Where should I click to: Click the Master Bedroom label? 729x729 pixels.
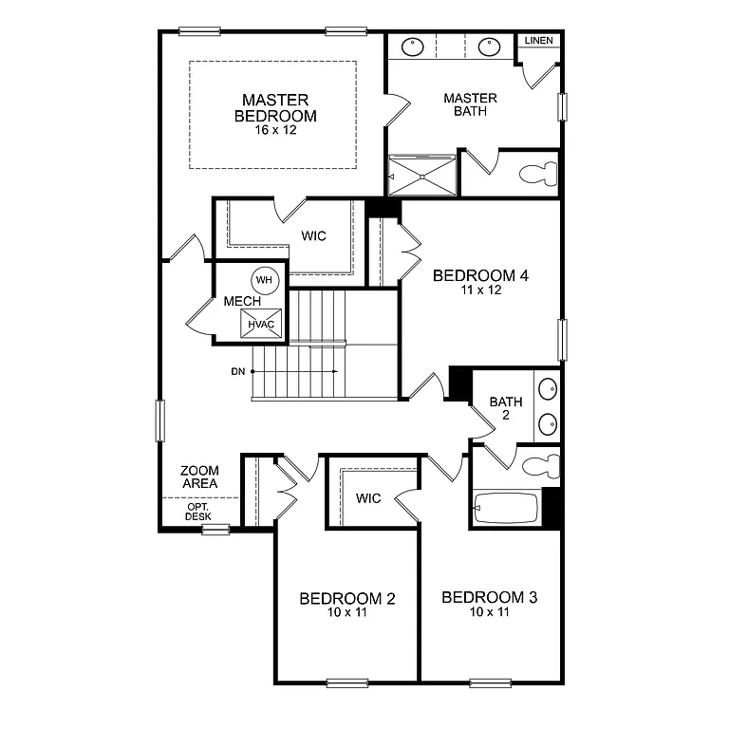point(275,107)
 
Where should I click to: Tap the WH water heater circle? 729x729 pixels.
point(264,280)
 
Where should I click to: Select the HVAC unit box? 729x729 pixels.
point(261,323)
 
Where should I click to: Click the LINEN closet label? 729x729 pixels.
point(538,41)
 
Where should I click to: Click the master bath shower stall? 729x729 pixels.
point(422,175)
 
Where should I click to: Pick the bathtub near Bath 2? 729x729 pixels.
point(506,508)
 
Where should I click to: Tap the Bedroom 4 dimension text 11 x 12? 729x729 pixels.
point(479,290)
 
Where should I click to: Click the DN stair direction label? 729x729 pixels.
point(237,371)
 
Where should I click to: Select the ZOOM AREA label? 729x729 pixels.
point(199,477)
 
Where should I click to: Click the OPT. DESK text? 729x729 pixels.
point(197,512)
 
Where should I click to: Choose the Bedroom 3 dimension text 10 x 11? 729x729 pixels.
point(490,613)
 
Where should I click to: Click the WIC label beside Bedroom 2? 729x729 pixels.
point(368,498)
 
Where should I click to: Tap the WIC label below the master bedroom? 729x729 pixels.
point(313,235)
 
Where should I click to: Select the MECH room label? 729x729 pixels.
point(235,302)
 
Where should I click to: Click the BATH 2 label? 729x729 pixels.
point(506,408)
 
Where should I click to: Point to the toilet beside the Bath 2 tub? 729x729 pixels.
point(542,464)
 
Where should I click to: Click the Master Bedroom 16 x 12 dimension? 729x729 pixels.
point(275,130)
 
